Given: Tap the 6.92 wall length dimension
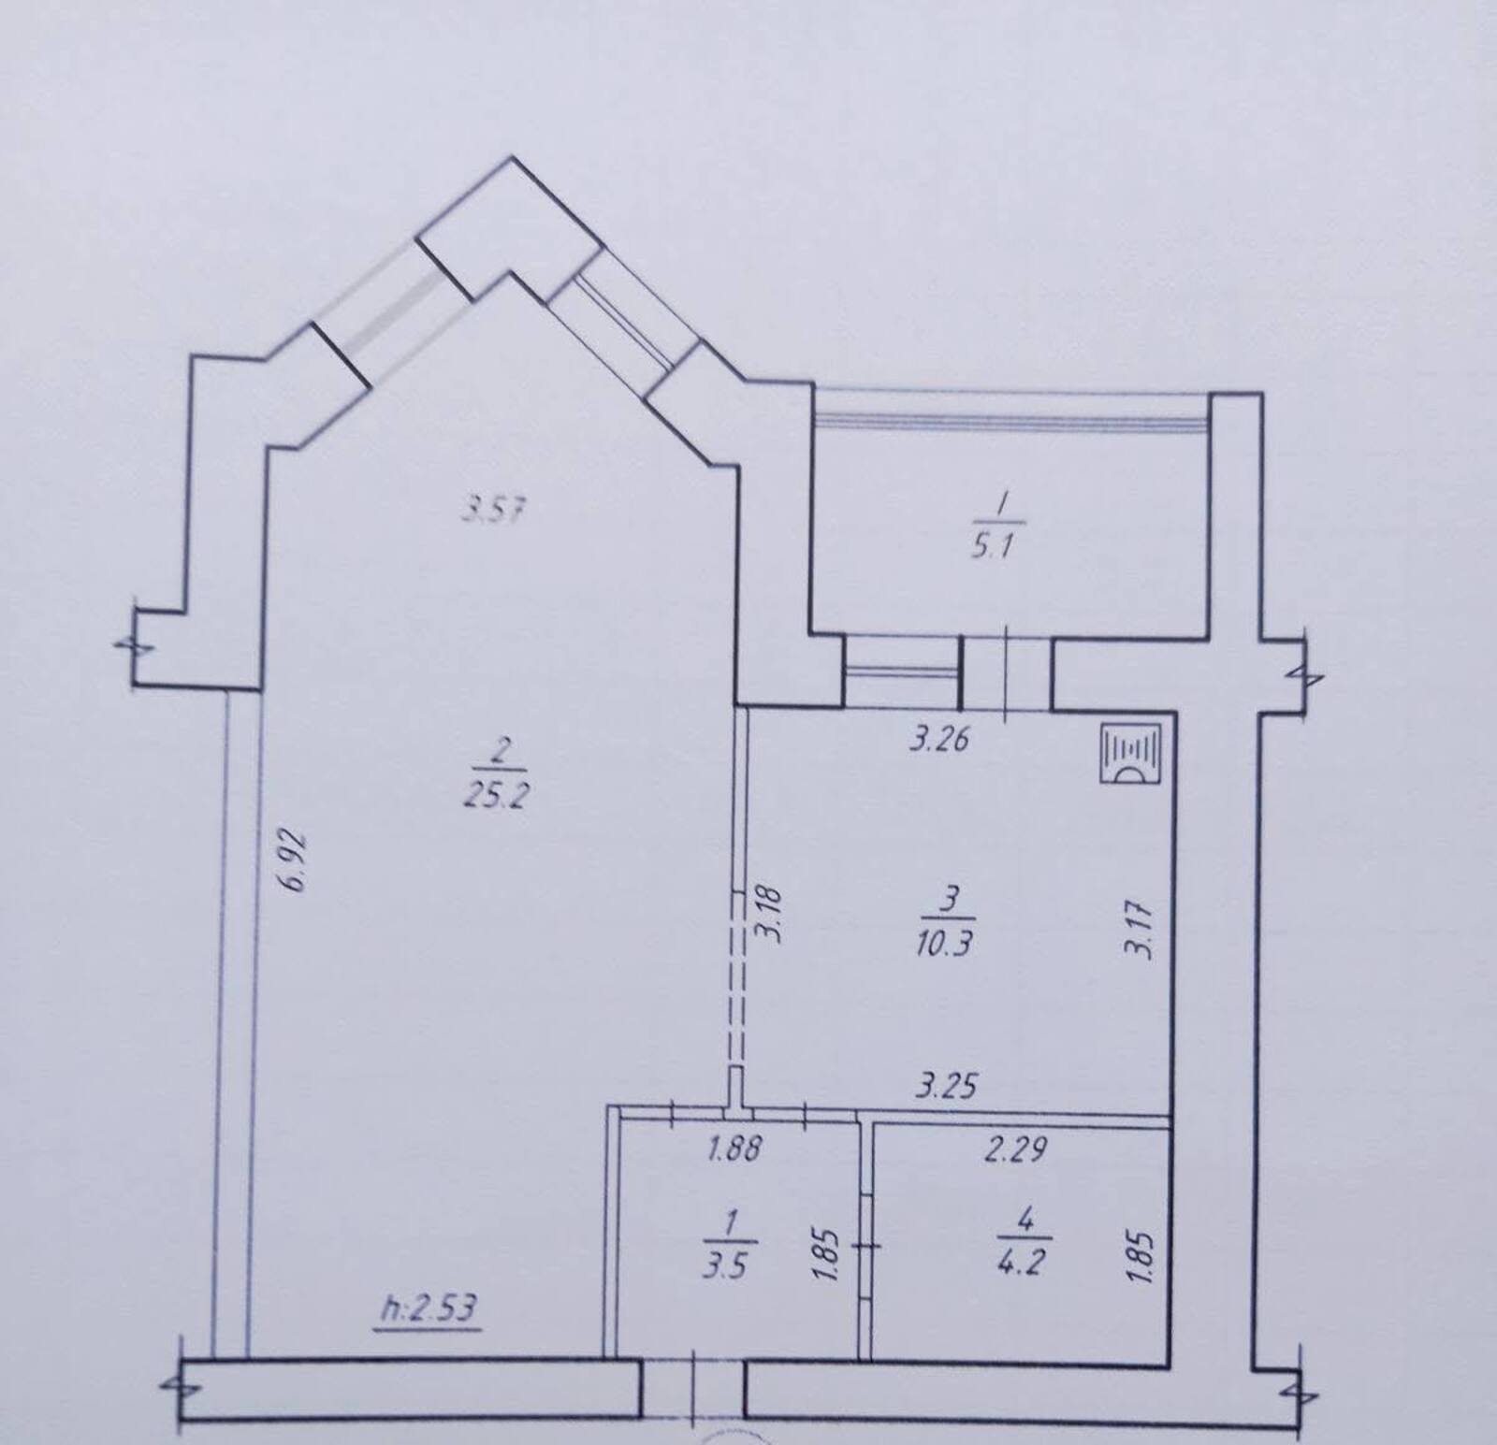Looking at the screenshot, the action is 298,858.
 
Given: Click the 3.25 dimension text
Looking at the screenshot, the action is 946,1086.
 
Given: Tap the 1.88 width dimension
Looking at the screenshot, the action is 733,1149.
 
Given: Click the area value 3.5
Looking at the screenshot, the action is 726,1268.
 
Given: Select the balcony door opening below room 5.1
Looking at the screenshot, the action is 1007,672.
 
